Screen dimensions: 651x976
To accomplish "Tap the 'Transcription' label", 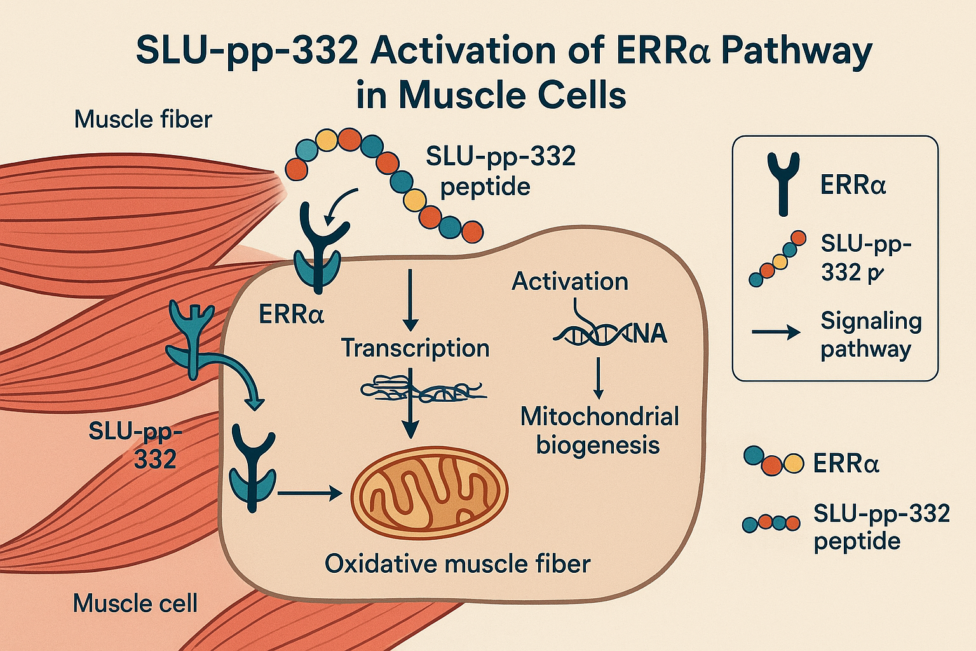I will (x=415, y=348).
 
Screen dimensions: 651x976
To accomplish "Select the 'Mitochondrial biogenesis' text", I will (x=599, y=430).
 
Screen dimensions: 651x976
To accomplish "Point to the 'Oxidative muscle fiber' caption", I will (x=457, y=564).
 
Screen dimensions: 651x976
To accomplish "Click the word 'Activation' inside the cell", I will (x=570, y=281).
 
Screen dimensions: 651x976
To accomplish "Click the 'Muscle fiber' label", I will (x=143, y=119).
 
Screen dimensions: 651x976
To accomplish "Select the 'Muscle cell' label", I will (x=135, y=603).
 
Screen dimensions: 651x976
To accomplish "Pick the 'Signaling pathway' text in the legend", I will (x=871, y=335).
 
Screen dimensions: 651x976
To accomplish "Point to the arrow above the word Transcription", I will (x=410, y=299).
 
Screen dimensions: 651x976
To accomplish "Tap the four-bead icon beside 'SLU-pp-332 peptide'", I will (x=771, y=523).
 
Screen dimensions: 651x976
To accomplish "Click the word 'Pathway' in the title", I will (x=797, y=51).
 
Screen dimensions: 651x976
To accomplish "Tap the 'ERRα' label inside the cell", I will (x=292, y=313).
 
